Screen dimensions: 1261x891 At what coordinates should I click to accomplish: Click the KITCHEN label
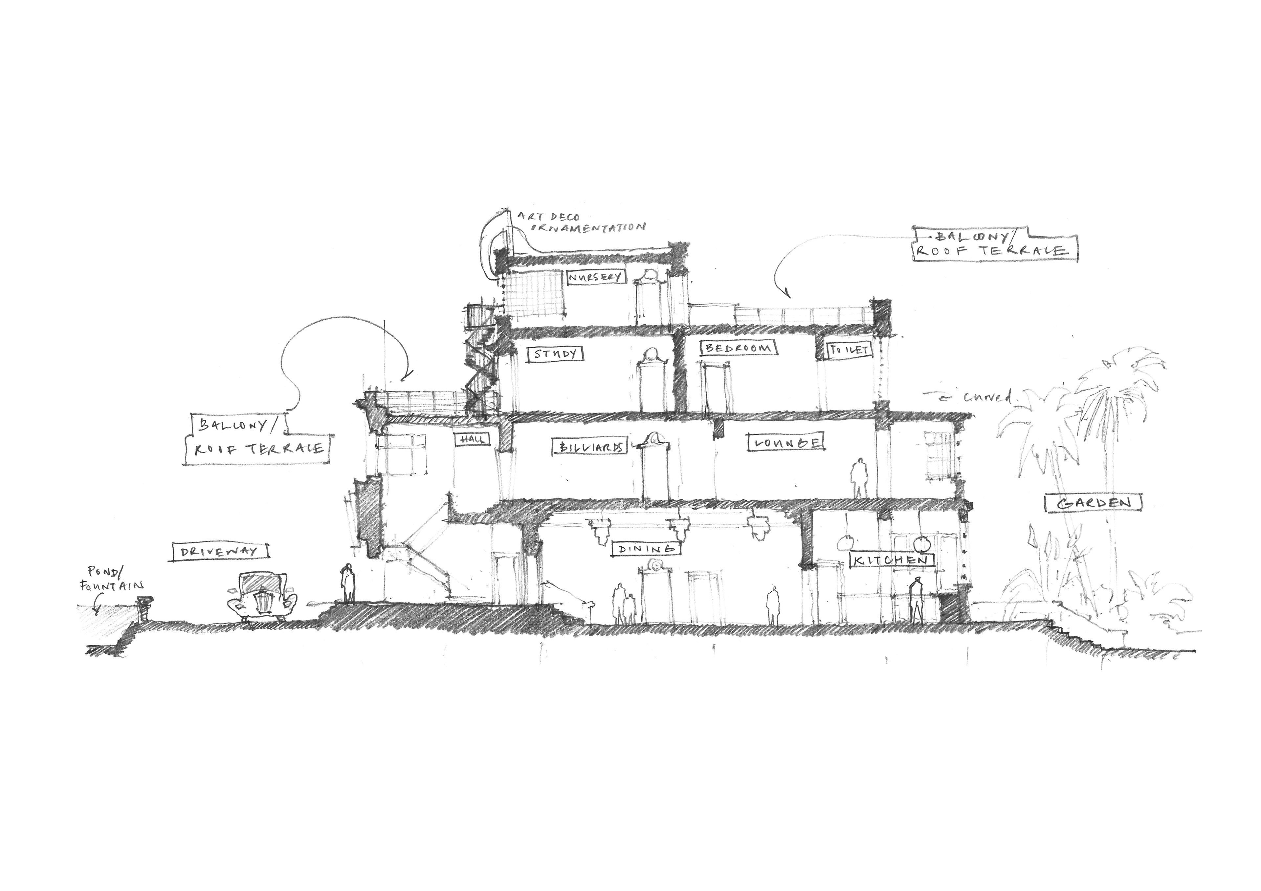(x=891, y=560)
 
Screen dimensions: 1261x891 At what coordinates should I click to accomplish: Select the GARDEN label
(x=1094, y=503)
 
